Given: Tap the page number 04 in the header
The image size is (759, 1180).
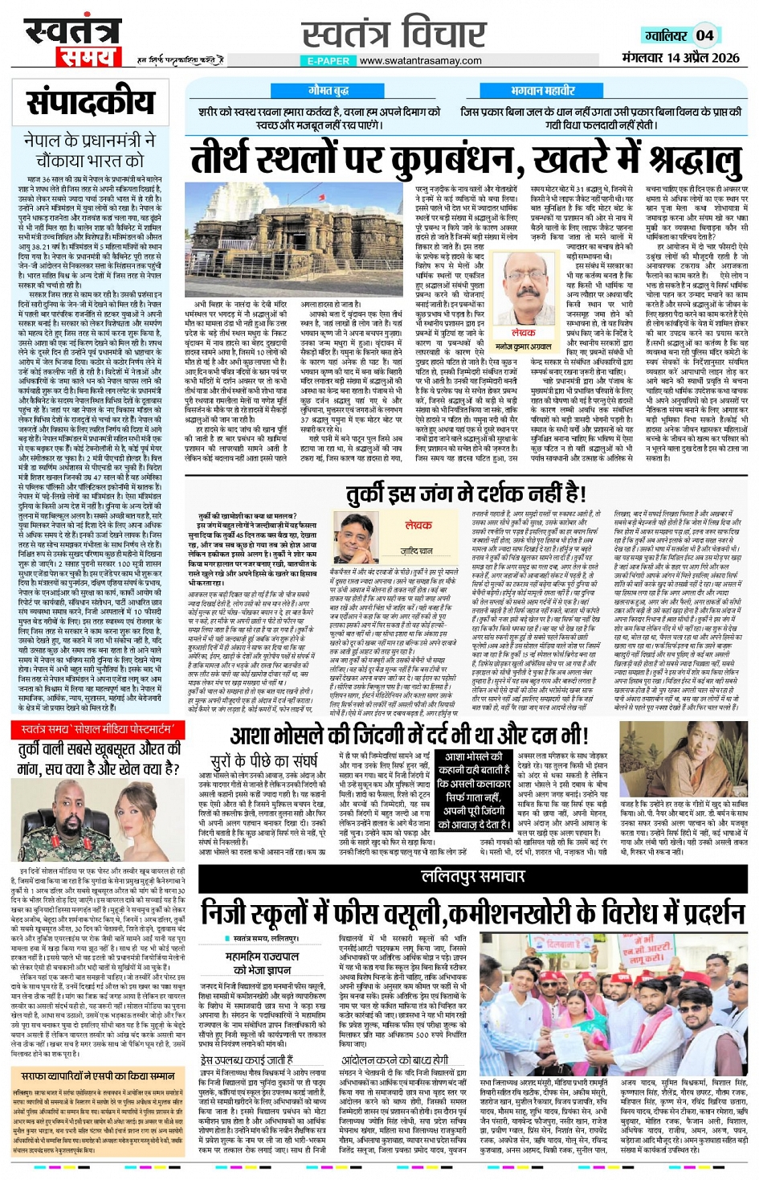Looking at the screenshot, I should tap(704, 35).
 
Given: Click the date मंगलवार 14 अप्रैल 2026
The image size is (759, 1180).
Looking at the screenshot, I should tap(680, 58).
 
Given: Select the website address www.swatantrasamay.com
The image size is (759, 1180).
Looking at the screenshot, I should tap(420, 60).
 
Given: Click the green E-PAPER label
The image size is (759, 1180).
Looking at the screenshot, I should tap(328, 61).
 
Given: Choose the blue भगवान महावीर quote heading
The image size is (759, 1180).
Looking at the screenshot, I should tap(543, 91).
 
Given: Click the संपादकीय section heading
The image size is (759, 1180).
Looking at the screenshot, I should tap(90, 102).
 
